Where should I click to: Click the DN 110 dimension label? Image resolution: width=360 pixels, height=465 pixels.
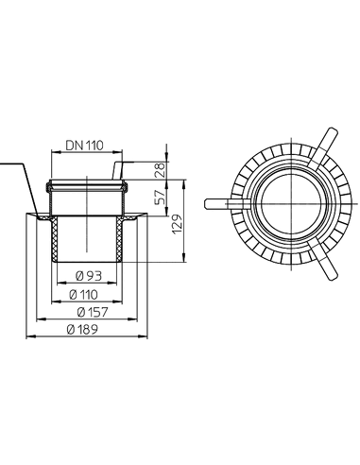coord(84,146)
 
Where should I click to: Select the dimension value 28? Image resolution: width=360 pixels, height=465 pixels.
coord(161,170)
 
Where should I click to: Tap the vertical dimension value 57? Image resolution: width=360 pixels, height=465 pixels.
coord(161,198)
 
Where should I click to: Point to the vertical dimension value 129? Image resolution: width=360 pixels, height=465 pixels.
coord(177,224)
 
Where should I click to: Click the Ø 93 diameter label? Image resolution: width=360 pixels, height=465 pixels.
coord(89,276)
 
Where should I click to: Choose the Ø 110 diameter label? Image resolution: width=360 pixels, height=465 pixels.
coord(83,295)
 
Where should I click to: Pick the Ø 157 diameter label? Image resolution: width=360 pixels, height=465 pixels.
coord(93,312)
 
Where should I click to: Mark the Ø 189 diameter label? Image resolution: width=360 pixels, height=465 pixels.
coord(82,330)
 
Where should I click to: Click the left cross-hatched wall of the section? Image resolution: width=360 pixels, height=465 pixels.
coord(55,238)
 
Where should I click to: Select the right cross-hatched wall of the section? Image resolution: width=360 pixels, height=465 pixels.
coord(120,238)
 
